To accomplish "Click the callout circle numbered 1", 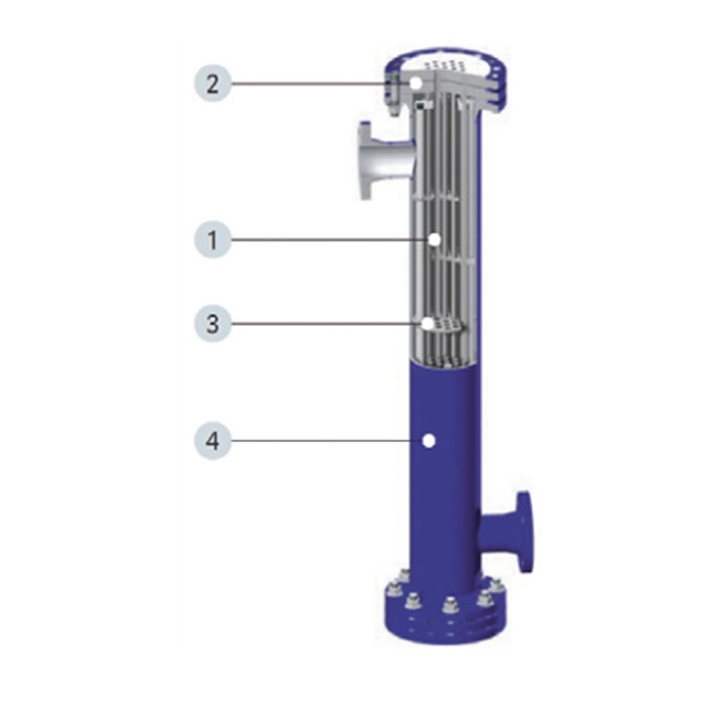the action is click(213, 239).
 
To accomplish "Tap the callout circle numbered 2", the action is click(213, 83).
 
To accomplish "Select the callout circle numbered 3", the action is click(213, 323).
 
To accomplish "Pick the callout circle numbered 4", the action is click(213, 440).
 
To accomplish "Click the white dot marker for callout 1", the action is click(435, 239).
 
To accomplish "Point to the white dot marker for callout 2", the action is click(416, 83).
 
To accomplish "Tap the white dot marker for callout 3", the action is click(428, 323).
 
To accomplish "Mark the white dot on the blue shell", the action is click(429, 441).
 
